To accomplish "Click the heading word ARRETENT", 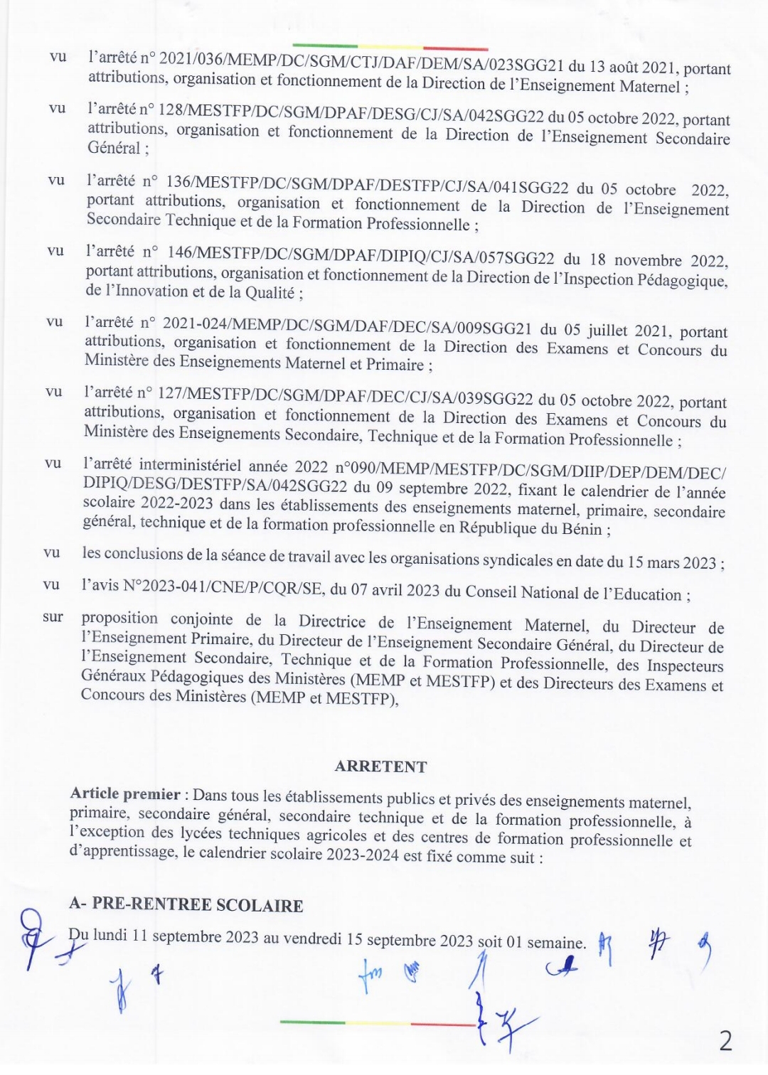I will [380, 766].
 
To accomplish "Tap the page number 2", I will [725, 1042].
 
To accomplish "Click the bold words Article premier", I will [125, 794].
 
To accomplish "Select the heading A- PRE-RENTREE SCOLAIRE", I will [186, 905].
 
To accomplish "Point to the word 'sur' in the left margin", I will [53, 617].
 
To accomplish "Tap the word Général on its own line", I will [114, 148].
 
